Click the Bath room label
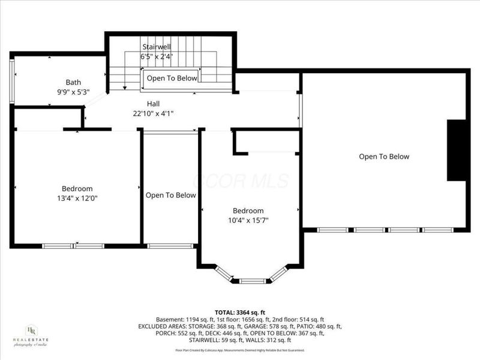[73, 82]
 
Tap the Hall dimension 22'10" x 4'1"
[154, 113]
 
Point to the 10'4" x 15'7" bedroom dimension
[248, 220]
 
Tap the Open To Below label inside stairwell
[172, 78]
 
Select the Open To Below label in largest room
[384, 157]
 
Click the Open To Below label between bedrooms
[170, 195]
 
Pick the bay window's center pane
[252, 280]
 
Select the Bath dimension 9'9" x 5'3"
[73, 92]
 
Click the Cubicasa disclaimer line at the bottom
[239, 350]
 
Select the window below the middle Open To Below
[170, 245]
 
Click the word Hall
[154, 103]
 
